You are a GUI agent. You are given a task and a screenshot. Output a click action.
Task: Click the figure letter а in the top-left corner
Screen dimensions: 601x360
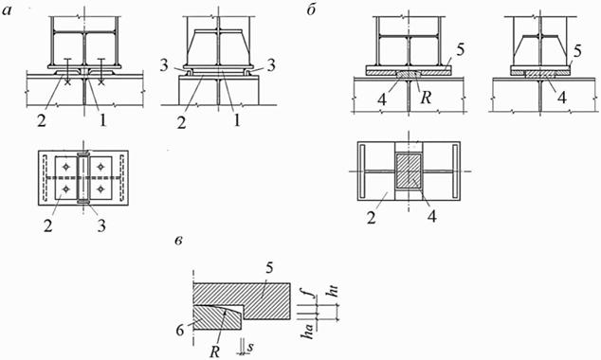point(7,10)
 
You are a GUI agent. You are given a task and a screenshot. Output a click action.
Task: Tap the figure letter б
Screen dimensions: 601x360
point(311,9)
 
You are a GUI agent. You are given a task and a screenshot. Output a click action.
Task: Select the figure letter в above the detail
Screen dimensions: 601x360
point(178,242)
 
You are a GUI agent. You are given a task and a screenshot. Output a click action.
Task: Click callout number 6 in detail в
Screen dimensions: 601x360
point(180,330)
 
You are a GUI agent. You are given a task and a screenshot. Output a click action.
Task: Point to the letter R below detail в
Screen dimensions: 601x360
point(214,351)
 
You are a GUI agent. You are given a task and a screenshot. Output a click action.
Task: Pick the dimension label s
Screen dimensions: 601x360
point(250,348)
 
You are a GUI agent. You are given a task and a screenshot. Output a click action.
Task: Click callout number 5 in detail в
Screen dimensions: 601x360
point(269,268)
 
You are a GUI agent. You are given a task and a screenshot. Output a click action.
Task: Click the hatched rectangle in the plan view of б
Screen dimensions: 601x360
point(409,171)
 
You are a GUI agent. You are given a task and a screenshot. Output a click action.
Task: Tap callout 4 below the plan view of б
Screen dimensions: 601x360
point(431,216)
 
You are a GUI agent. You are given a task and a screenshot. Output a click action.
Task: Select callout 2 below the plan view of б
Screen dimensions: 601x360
point(371,218)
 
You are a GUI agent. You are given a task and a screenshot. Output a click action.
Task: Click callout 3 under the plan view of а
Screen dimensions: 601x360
point(101,225)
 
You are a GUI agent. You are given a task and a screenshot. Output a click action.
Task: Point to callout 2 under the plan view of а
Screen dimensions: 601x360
point(47,225)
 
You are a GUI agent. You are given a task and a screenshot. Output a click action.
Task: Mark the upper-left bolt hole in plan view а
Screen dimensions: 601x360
point(66,167)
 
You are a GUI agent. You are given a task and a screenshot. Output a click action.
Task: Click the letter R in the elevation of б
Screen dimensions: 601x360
point(426,98)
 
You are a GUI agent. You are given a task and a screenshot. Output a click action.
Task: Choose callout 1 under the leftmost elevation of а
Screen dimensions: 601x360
point(102,120)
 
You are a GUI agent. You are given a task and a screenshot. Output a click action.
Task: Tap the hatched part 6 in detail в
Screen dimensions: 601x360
point(214,317)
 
